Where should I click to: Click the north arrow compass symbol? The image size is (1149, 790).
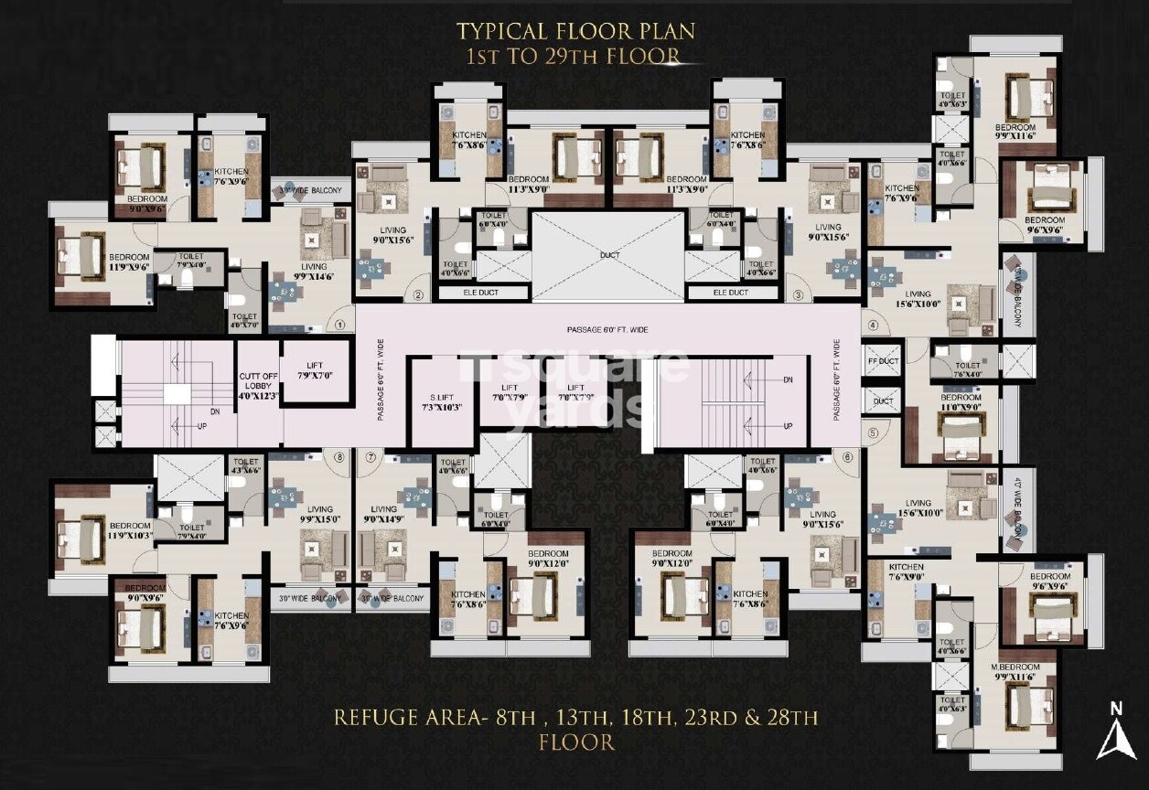click(x=1115, y=731)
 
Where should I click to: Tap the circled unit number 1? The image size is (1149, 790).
click(x=339, y=324)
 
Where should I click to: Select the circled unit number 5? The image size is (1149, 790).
click(x=873, y=433)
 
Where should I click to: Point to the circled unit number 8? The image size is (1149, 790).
click(x=339, y=456)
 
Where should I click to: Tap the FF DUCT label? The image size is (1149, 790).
click(x=883, y=361)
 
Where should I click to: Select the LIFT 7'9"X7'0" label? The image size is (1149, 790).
click(x=315, y=370)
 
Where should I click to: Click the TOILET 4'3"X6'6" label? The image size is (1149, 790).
click(x=246, y=466)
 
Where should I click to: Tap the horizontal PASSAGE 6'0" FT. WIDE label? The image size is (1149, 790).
click(x=607, y=327)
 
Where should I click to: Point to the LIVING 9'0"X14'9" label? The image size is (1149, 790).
click(x=384, y=515)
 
